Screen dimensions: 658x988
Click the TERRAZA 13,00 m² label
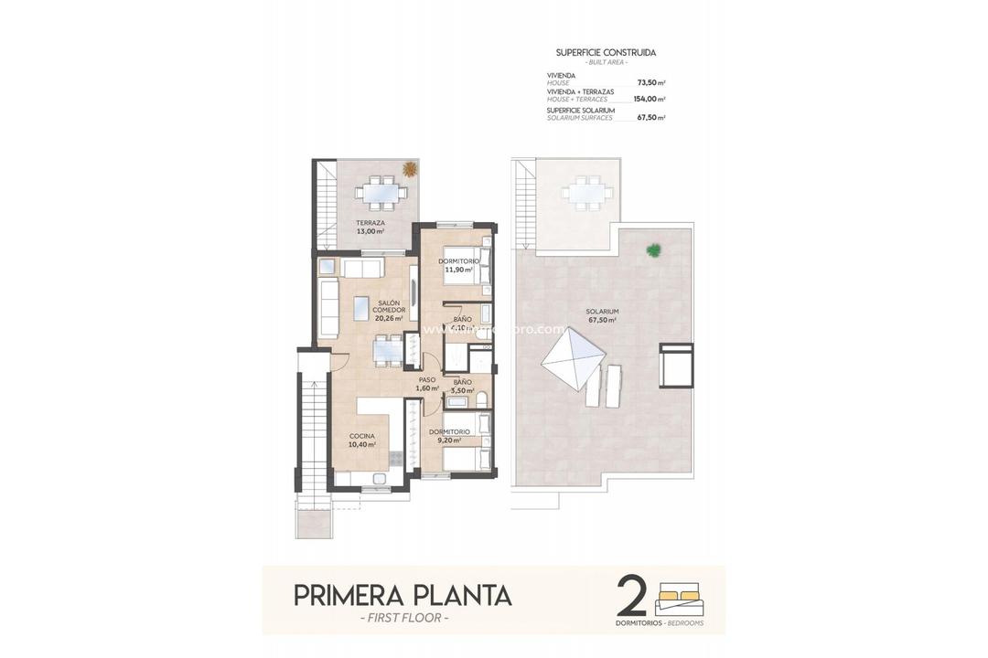pyautogui.click(x=370, y=228)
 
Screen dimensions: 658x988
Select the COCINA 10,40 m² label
pyautogui.click(x=361, y=440)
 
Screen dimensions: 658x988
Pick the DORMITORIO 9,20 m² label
pyautogui.click(x=449, y=436)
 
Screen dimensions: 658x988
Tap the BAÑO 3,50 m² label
pyautogui.click(x=462, y=386)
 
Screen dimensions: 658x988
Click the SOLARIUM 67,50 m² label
pyautogui.click(x=601, y=316)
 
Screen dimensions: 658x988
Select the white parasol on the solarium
pyautogui.click(x=572, y=360)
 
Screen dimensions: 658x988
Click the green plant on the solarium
pyautogui.click(x=653, y=249)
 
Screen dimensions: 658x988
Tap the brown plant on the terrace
pyautogui.click(x=409, y=169)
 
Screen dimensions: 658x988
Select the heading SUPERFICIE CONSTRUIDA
pyautogui.click(x=606, y=53)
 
